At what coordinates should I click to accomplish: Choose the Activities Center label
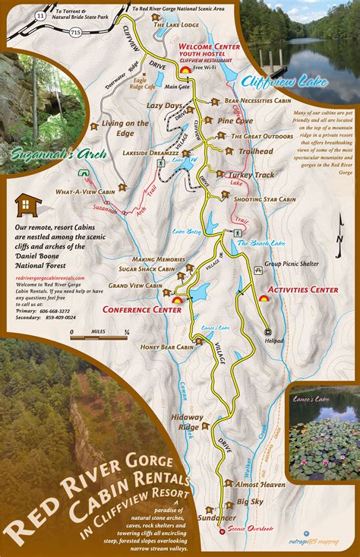click(x=303, y=290)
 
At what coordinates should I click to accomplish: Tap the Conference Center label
click(x=137, y=309)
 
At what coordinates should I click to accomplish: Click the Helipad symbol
click(x=267, y=332)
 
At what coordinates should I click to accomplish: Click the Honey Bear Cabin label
click(x=167, y=347)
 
